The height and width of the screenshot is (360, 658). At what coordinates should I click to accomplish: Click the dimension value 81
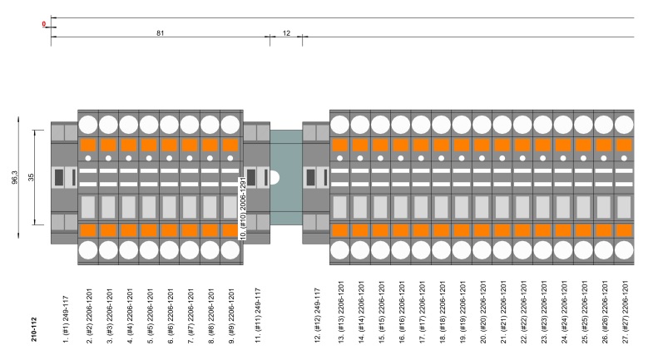click(160, 32)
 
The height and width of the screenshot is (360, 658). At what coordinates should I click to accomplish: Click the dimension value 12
click(287, 32)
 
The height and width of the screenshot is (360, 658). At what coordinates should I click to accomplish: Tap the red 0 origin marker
click(44, 24)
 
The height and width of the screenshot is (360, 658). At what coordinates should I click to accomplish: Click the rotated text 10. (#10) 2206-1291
click(243, 209)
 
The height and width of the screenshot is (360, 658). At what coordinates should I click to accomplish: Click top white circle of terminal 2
click(88, 125)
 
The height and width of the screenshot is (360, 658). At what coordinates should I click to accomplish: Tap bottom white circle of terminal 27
click(625, 250)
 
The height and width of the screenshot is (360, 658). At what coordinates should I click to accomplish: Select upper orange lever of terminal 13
click(339, 145)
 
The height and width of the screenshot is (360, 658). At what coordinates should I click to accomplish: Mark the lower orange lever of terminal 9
click(231, 230)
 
